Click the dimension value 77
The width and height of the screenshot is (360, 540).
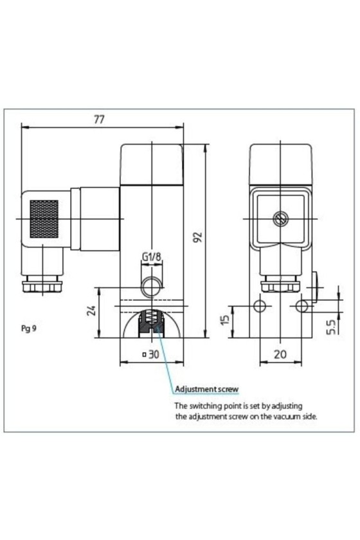tap(99, 119)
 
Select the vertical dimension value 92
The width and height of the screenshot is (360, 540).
tap(197, 237)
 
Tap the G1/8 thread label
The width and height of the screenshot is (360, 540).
tap(152, 256)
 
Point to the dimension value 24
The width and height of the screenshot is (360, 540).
tap(91, 310)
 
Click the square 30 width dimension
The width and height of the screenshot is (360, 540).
tap(151, 354)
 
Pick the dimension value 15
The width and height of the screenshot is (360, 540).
tap(224, 319)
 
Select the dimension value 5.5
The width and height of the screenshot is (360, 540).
tap(330, 327)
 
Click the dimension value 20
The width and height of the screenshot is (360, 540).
tap(280, 354)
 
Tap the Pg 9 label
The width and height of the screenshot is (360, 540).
tap(28, 328)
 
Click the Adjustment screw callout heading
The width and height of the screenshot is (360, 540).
tap(207, 389)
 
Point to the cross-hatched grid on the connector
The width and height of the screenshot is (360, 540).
tap(44, 219)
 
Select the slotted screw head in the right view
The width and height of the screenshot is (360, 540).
tap(280, 219)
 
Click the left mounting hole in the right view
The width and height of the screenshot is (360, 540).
tap(260, 305)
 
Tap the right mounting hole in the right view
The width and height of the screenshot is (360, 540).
tap(302, 305)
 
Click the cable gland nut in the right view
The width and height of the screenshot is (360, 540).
tap(280, 285)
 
